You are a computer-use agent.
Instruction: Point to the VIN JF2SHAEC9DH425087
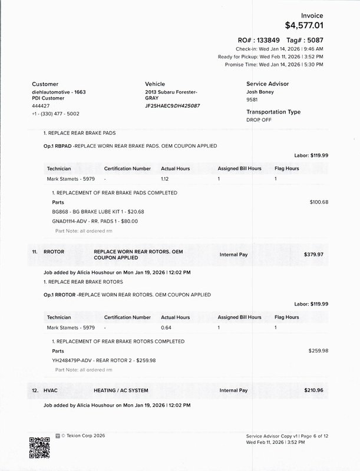173,105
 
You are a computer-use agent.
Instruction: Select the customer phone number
55,113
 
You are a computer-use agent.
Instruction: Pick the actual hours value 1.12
166,178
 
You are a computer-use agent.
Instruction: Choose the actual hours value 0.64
166,327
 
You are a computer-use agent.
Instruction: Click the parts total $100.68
319,202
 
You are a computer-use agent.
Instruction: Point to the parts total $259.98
318,350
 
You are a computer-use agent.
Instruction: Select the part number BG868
61,211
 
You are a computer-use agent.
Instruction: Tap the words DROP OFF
259,120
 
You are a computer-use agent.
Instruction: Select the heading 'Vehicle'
155,84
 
